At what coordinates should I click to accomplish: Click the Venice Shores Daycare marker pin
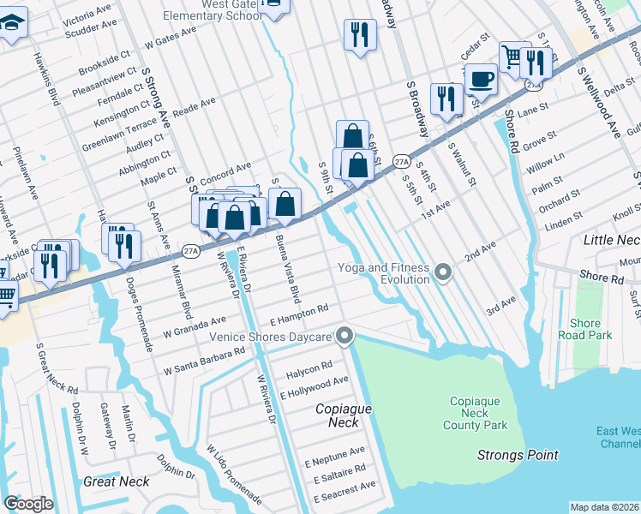[x=345, y=336]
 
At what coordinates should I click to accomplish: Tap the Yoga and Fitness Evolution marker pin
[x=443, y=273]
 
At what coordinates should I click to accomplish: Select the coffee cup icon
[x=481, y=80]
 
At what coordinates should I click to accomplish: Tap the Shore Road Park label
[x=591, y=329]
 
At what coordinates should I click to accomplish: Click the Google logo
[x=28, y=503]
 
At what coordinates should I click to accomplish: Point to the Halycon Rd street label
[x=309, y=367]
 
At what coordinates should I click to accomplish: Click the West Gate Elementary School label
[x=214, y=9]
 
